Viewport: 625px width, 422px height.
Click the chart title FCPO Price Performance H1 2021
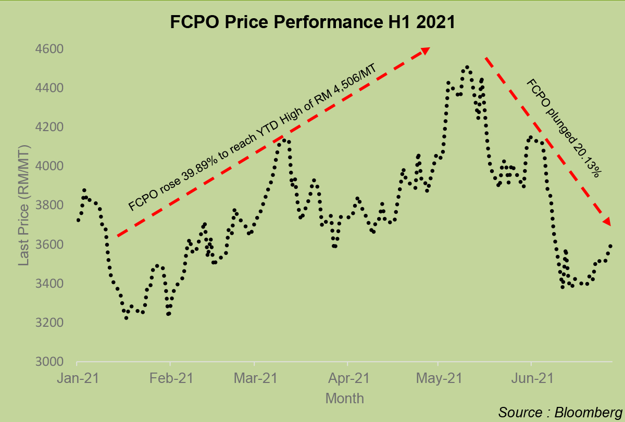(x=312, y=22)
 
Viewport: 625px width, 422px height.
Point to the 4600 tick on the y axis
(x=48, y=49)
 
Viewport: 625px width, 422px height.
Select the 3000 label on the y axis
(x=48, y=362)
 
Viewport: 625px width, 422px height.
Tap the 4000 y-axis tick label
(x=48, y=167)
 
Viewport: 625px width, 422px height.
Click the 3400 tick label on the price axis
(x=48, y=284)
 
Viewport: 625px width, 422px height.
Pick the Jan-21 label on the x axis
(x=77, y=379)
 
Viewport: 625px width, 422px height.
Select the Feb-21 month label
(x=170, y=379)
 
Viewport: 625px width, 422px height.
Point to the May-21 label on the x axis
(x=439, y=379)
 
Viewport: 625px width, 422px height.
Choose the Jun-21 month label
(x=531, y=379)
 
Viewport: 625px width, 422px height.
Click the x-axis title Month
(x=344, y=399)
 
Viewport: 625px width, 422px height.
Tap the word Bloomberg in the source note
(x=585, y=412)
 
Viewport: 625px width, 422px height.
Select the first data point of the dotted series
(x=78, y=220)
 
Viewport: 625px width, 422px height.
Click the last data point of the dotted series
(x=610, y=246)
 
